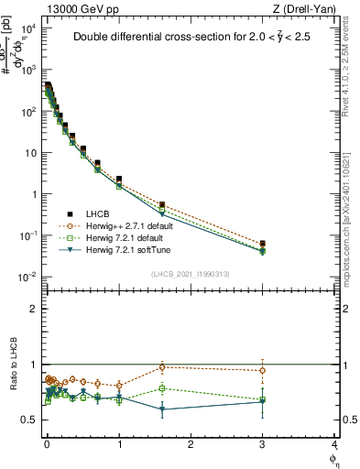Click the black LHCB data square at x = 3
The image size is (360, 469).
(x=263, y=245)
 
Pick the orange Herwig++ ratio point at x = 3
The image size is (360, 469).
(x=263, y=371)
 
